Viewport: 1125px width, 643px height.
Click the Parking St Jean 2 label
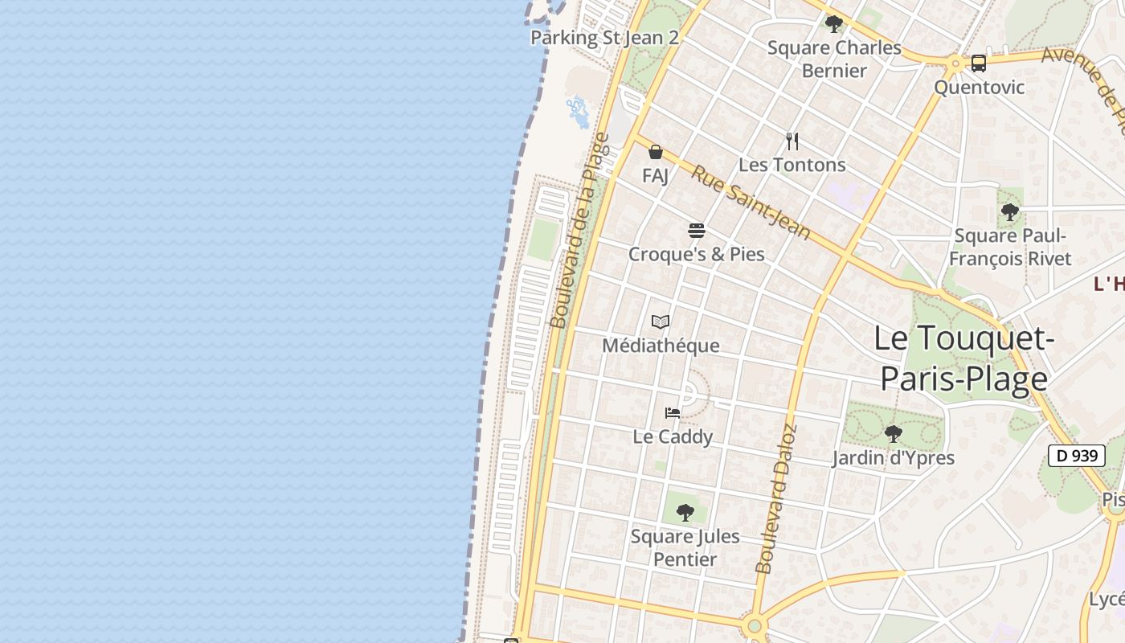click(604, 38)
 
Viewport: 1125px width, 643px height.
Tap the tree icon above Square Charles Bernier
click(834, 23)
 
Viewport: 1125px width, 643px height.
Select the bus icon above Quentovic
click(978, 63)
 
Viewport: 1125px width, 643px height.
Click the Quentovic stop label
click(979, 87)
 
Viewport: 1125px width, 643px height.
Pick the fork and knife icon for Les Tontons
click(792, 141)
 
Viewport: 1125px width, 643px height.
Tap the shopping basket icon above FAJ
click(656, 152)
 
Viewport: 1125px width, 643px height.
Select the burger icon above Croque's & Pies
click(697, 231)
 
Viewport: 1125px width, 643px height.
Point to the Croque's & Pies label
click(697, 255)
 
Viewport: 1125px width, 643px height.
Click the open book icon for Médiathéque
click(661, 322)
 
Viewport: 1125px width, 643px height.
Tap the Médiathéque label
click(661, 346)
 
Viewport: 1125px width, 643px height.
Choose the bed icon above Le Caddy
click(673, 413)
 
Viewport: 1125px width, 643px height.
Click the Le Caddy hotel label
click(673, 437)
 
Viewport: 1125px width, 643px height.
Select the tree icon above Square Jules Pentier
click(685, 512)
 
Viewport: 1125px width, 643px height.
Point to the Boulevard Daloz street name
click(775, 498)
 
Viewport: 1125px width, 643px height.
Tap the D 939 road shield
click(1076, 456)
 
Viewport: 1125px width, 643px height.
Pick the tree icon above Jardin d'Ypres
click(893, 435)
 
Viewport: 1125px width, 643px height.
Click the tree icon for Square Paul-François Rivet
click(1010, 212)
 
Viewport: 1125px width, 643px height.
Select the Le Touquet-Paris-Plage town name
click(963, 358)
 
